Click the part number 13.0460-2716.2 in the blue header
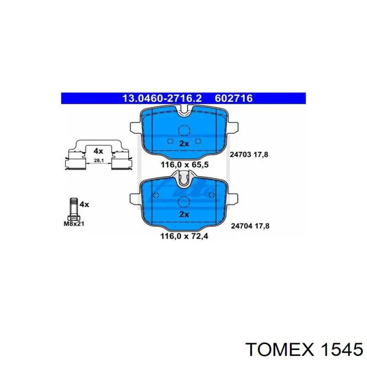coord(156,98)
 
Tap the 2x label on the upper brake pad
coord(184,144)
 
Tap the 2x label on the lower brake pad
coord(184,214)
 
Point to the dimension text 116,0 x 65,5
coord(184,164)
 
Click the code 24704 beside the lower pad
coord(240,225)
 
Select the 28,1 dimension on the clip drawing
coord(98,161)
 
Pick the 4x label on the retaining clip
coord(98,150)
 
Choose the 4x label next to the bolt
coord(84,204)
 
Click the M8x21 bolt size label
coord(74,224)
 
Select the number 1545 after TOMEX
coord(340,350)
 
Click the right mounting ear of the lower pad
coord(232,198)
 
